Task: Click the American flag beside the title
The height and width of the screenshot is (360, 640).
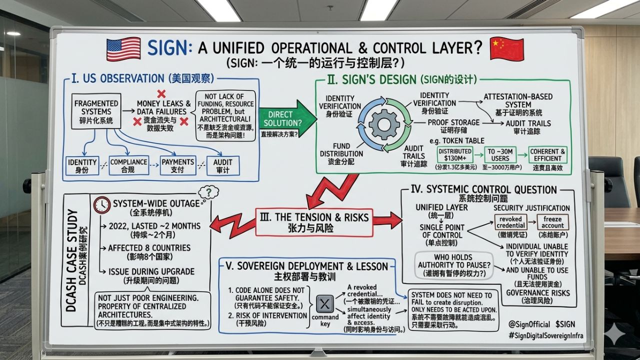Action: point(123,49)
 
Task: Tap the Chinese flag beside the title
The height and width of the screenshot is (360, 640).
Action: point(506,49)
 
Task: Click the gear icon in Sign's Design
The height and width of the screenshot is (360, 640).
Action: point(384,124)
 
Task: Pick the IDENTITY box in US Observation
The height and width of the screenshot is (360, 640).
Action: point(82,166)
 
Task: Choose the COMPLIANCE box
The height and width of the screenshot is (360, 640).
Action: point(129,166)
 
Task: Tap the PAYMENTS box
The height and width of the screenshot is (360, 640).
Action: point(177,166)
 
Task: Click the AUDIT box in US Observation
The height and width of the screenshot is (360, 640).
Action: point(223,166)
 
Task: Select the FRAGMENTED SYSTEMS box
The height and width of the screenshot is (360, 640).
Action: point(96,111)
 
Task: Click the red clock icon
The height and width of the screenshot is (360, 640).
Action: point(102,204)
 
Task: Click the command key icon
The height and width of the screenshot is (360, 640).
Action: point(325,303)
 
